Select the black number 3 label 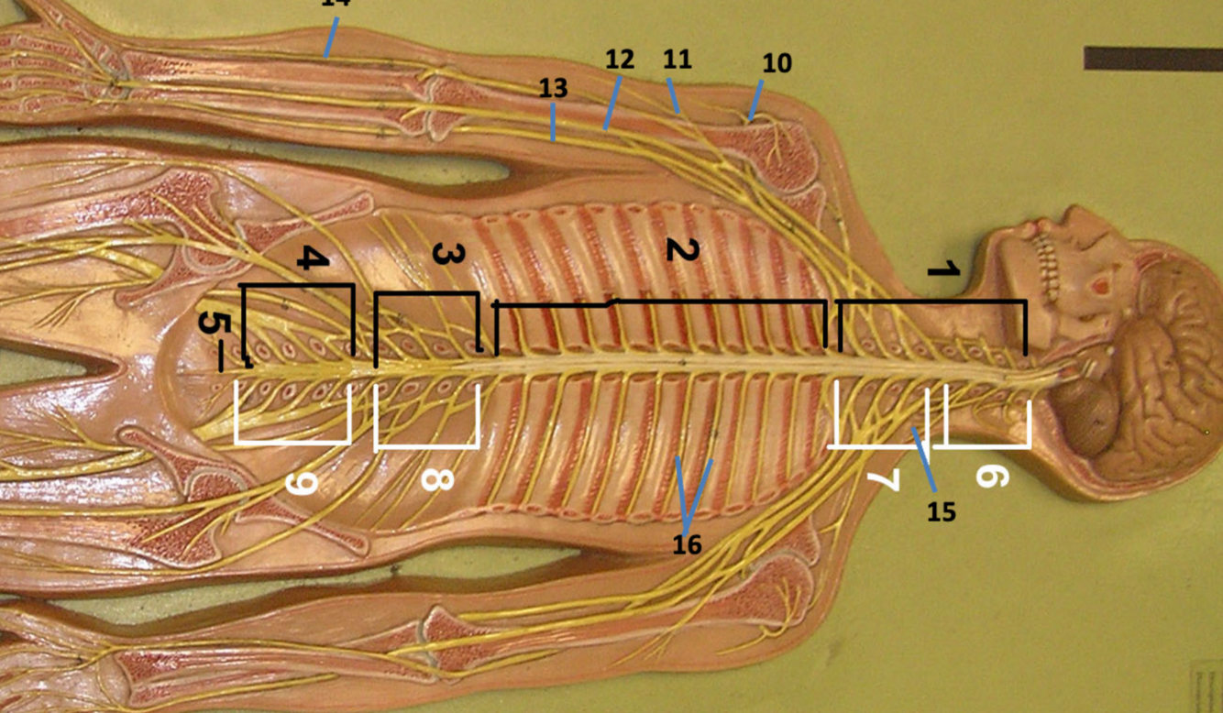pos(444,256)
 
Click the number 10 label pos(777,64)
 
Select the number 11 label pos(677,60)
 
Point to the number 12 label pos(620,60)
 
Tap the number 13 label pos(553,89)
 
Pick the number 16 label pos(687,545)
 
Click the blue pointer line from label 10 pos(755,100)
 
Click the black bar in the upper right pos(1152,58)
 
